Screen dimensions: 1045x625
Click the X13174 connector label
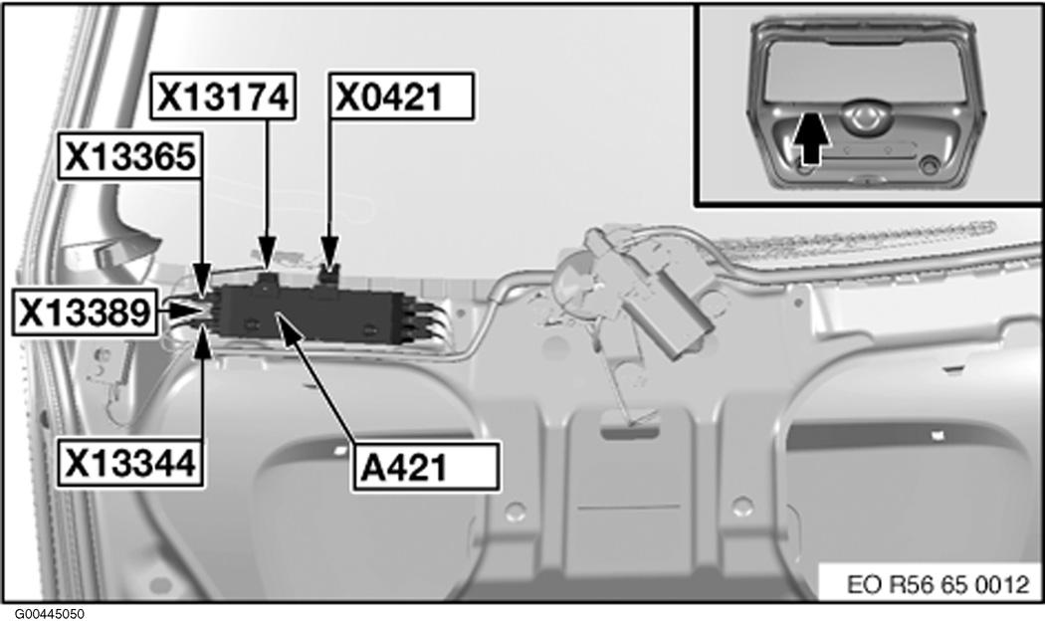(223, 97)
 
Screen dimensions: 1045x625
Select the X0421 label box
(402, 97)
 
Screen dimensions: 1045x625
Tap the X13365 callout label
(130, 157)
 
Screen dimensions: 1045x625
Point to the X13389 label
(85, 312)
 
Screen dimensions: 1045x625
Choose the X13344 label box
(130, 462)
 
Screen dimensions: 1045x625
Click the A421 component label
(426, 467)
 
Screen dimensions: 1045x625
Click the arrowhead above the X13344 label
(202, 341)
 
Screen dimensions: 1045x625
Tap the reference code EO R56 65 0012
(939, 584)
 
